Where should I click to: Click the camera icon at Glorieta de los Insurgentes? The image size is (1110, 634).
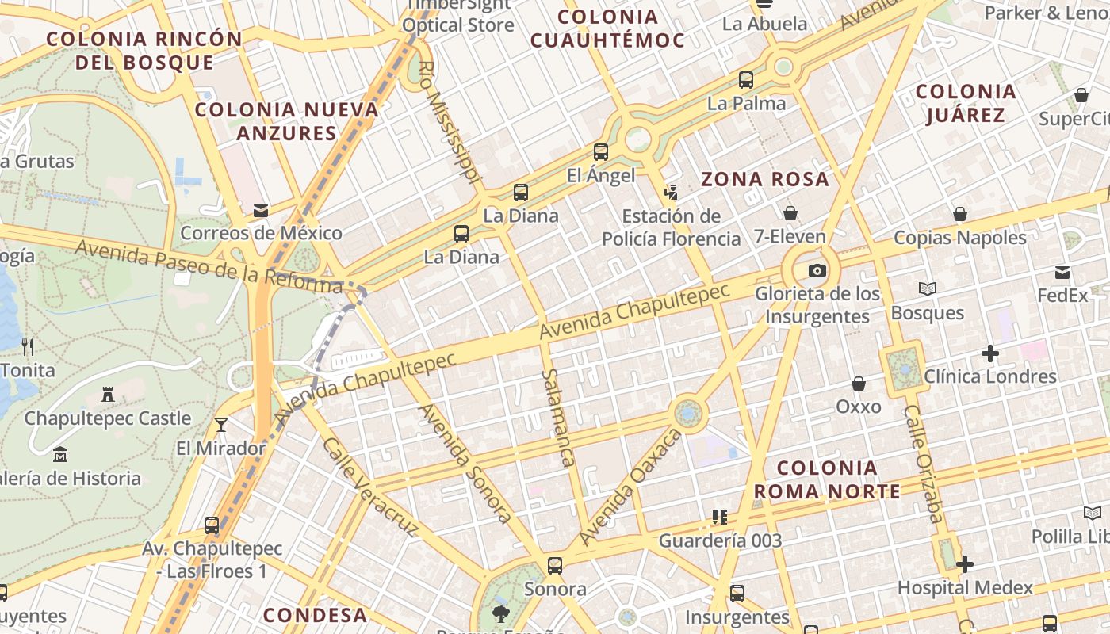tap(817, 270)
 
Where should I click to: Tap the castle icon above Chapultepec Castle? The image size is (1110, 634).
tap(108, 394)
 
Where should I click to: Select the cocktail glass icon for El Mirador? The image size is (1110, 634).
tap(221, 425)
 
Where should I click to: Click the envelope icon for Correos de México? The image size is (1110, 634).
tap(260, 210)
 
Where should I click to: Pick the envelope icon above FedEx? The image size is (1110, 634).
tap(1062, 273)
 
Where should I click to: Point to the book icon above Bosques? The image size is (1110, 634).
tap(927, 289)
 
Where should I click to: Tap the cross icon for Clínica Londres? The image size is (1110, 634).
tap(989, 353)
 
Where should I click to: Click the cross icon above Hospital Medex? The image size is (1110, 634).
tap(964, 564)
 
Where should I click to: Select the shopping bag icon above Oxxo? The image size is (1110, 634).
tap(859, 384)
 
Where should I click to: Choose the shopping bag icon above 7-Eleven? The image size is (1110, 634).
tap(790, 212)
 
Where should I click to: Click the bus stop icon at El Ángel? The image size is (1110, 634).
tap(601, 151)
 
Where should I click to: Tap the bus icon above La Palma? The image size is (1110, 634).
tap(746, 79)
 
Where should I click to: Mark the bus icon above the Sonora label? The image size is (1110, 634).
tap(555, 566)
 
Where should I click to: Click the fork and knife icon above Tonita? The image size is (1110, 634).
tap(28, 346)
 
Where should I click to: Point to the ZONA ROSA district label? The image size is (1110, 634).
tap(764, 179)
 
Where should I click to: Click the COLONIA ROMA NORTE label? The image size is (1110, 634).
tap(827, 479)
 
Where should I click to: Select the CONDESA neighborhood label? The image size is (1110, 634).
tap(315, 615)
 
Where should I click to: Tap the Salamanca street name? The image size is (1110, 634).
tap(557, 418)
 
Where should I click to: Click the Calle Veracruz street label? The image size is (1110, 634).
tap(369, 486)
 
